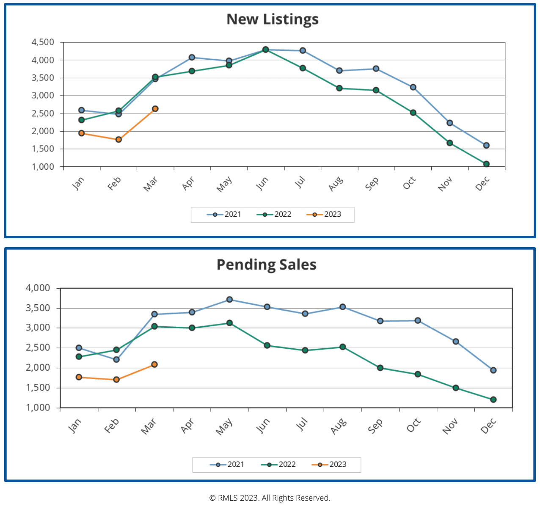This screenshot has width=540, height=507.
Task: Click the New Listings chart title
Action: (x=272, y=19)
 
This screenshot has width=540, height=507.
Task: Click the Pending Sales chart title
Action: (x=266, y=265)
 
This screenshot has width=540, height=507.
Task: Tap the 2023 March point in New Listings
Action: (x=155, y=109)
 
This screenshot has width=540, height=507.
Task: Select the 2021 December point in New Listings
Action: (x=486, y=145)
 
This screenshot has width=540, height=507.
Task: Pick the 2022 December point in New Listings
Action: (x=486, y=164)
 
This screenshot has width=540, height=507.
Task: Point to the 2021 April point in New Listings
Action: (x=192, y=58)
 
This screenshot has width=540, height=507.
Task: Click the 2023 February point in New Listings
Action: (x=118, y=139)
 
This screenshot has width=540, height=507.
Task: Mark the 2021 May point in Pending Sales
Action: (x=229, y=300)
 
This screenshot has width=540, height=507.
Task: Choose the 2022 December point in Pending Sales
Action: (x=493, y=400)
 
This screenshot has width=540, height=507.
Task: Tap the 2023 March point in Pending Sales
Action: (x=154, y=364)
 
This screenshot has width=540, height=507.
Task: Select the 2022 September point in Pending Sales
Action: (x=380, y=368)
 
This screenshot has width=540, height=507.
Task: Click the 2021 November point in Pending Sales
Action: (x=456, y=342)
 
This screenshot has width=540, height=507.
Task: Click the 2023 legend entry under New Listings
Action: (x=324, y=215)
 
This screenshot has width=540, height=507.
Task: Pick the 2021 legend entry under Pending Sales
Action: (x=227, y=465)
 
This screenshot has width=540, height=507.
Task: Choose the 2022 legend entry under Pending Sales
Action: (x=278, y=465)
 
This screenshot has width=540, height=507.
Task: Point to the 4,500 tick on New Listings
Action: (x=43, y=42)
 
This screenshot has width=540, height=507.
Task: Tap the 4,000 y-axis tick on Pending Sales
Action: (x=38, y=288)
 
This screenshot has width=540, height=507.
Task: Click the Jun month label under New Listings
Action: (x=262, y=183)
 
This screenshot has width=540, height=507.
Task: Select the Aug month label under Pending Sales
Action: (x=339, y=426)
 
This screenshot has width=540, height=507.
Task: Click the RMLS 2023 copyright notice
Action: (x=270, y=498)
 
